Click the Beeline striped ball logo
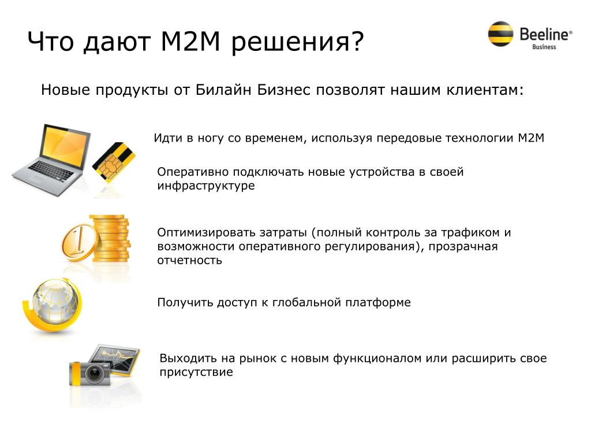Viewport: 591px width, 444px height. (x=500, y=34)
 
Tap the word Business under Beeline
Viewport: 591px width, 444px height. (x=544, y=47)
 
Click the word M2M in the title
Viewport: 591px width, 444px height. (x=190, y=41)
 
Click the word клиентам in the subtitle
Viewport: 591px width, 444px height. (x=485, y=90)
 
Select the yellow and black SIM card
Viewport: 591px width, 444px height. (x=114, y=162)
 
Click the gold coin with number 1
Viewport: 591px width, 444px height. (x=80, y=242)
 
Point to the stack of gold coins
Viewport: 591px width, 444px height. (x=110, y=238)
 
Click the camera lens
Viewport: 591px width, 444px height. (x=94, y=374)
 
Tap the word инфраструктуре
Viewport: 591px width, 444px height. (x=206, y=186)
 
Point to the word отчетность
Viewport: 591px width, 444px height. (x=189, y=261)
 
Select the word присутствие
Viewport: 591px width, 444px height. (x=196, y=372)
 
